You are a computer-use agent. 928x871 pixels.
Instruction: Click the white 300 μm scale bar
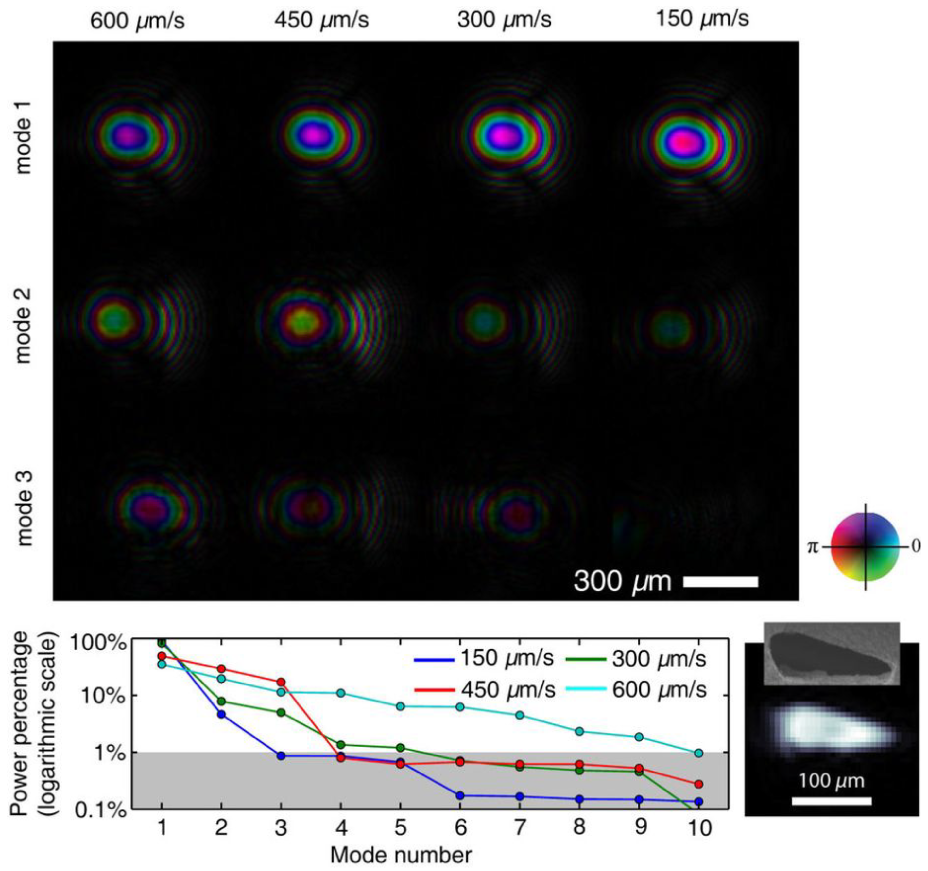point(720,581)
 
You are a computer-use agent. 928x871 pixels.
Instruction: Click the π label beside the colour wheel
point(813,547)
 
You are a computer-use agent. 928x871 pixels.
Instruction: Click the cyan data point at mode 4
point(341,693)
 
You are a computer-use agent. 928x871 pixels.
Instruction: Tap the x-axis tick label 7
point(520,827)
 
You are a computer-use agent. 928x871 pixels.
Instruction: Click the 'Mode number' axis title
point(401,855)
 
